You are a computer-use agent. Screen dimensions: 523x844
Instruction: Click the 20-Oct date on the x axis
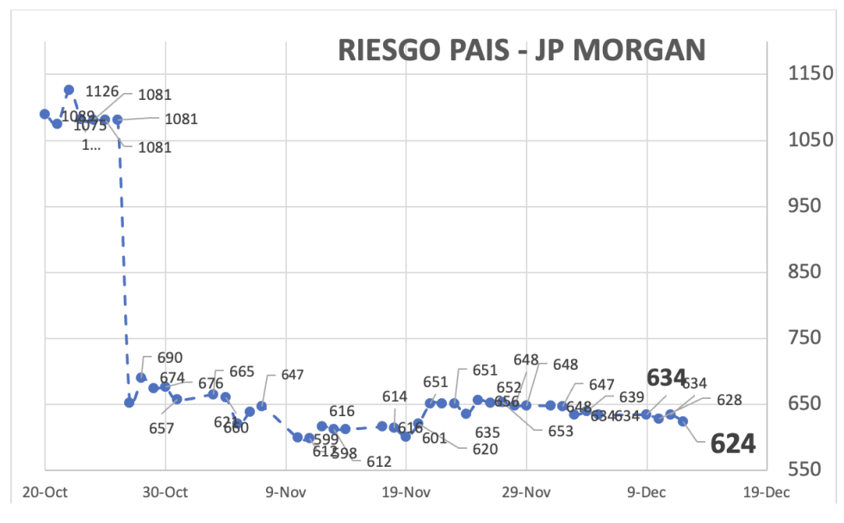44,493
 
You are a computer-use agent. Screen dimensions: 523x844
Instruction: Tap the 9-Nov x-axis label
285,493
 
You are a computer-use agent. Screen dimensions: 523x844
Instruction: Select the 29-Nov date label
525,493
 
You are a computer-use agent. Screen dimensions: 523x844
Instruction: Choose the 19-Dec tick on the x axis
766,493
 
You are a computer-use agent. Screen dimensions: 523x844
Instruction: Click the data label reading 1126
102,90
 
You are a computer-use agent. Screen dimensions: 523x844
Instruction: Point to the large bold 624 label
732,444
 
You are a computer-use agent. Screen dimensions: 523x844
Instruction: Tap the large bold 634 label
667,377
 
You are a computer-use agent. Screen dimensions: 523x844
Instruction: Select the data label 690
170,358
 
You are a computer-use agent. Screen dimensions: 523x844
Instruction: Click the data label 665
241,371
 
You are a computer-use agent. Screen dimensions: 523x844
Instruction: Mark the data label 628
728,400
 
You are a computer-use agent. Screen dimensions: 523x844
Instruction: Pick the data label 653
560,431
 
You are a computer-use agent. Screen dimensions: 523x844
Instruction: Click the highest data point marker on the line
69,90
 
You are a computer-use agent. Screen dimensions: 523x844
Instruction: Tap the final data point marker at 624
683,421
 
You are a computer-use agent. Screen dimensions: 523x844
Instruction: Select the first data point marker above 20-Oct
45,114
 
